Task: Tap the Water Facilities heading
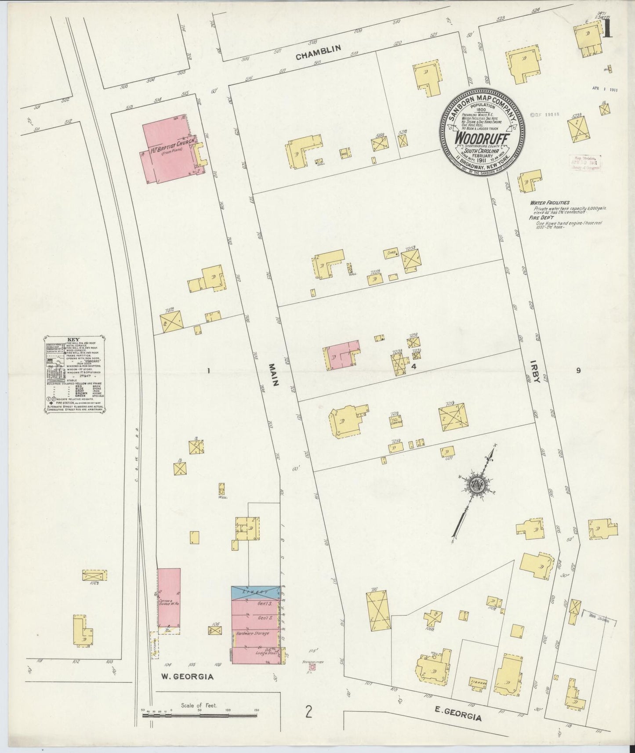point(549,203)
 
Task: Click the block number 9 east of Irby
point(578,370)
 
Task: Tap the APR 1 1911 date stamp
point(605,89)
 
